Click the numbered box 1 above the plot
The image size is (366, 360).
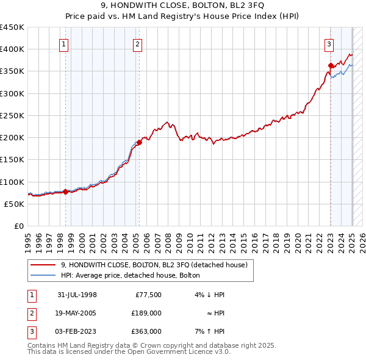[x=64, y=43]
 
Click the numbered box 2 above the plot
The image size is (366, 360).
[x=138, y=43]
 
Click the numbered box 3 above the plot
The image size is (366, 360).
[x=329, y=43]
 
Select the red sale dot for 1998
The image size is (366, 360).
[x=66, y=192]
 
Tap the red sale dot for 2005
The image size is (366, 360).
[x=139, y=142]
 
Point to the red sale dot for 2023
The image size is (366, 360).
[x=330, y=65]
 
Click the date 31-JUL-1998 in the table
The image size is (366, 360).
[x=77, y=295]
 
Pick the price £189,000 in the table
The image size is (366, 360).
[x=147, y=313]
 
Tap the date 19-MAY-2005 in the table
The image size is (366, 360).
[x=77, y=313]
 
